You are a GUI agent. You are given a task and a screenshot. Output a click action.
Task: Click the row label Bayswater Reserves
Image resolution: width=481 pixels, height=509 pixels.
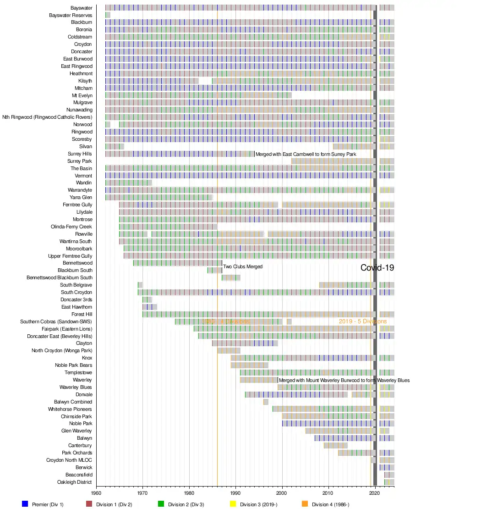coord(71,15)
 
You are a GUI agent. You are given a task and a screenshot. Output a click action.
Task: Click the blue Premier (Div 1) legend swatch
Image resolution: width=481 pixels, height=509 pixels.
coord(25,504)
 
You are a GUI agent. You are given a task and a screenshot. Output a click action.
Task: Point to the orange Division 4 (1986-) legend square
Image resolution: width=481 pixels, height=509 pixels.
coord(305,504)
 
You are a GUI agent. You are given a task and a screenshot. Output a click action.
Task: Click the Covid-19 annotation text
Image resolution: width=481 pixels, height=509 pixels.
coord(377,268)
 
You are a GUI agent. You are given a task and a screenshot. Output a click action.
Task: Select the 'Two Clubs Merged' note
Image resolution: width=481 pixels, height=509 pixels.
coord(243,266)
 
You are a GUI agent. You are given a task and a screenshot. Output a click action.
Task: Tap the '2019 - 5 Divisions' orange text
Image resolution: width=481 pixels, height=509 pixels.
coord(362,321)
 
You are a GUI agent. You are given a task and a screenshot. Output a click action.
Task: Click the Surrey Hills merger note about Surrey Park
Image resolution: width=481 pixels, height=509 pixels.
coord(306,154)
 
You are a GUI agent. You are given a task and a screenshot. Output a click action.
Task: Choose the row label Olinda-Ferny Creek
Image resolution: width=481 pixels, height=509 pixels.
coord(71,227)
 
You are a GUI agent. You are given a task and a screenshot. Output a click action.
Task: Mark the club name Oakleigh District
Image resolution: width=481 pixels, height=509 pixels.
coord(74,482)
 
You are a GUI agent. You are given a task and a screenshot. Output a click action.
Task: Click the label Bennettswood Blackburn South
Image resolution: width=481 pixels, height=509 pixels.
coord(60,277)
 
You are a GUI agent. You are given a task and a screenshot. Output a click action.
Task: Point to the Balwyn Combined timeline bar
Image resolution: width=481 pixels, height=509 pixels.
coord(266,402)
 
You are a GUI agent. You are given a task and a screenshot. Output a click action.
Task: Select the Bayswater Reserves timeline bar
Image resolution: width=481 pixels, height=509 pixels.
coord(108,15)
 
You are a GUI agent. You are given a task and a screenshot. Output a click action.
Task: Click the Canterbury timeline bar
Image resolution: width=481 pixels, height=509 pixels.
coord(335,445)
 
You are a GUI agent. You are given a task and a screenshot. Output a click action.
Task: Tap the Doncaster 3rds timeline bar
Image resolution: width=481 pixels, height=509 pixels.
coord(147,299)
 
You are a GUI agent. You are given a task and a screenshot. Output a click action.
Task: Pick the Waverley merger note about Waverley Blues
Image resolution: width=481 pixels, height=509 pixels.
coord(344,380)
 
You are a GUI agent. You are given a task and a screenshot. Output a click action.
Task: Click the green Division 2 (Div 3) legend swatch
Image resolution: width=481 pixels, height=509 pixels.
coord(161,504)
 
